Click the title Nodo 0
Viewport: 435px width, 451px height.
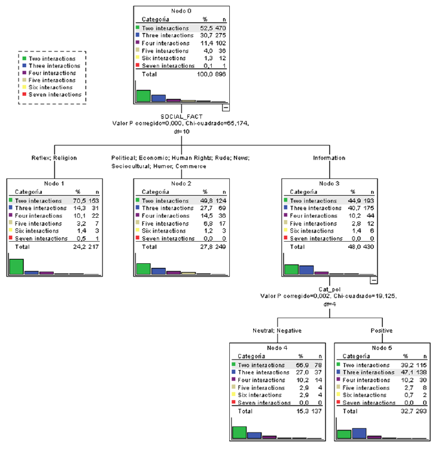tap(181, 11)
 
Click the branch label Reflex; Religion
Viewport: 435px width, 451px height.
tap(51, 158)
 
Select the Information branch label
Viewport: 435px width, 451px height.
tap(329, 158)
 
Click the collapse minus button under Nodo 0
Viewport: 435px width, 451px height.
tap(226, 108)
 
